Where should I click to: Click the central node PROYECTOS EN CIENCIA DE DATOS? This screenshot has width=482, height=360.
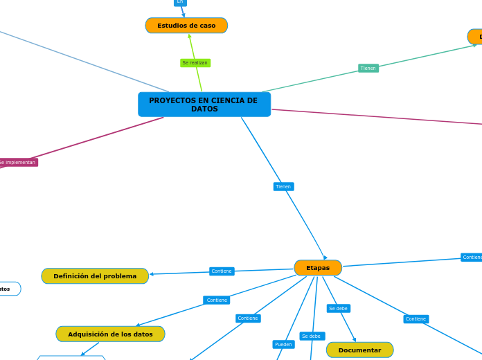pyautogui.click(x=204, y=105)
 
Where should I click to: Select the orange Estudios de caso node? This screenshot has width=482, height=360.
pyautogui.click(x=186, y=26)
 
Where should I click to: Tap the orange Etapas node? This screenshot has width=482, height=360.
pyautogui.click(x=318, y=268)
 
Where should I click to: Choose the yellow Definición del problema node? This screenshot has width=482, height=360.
pyautogui.click(x=95, y=276)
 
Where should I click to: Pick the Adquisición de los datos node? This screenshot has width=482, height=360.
pyautogui.click(x=110, y=334)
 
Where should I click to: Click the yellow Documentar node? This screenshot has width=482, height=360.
pyautogui.click(x=359, y=350)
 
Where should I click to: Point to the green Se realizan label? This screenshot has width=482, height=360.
pyautogui.click(x=195, y=63)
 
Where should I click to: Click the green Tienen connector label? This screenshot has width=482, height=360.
pyautogui.click(x=368, y=69)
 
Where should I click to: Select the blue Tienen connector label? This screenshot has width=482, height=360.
pyautogui.click(x=283, y=187)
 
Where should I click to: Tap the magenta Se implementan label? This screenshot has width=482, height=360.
pyautogui.click(x=17, y=163)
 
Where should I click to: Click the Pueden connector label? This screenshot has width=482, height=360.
pyautogui.click(x=283, y=344)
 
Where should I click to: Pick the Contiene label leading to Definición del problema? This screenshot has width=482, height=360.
pyautogui.click(x=222, y=271)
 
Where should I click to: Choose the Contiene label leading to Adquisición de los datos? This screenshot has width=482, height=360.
pyautogui.click(x=217, y=300)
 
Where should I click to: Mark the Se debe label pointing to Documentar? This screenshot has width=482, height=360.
pyautogui.click(x=339, y=309)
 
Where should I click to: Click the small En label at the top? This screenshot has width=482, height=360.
pyautogui.click(x=180, y=2)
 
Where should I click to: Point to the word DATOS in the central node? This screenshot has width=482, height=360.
pyautogui.click(x=204, y=109)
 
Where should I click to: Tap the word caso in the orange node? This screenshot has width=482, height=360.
pyautogui.click(x=206, y=26)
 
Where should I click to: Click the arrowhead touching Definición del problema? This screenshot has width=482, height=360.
pyautogui.click(x=152, y=274)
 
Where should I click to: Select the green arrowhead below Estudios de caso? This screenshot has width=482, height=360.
pyautogui.click(x=190, y=36)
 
